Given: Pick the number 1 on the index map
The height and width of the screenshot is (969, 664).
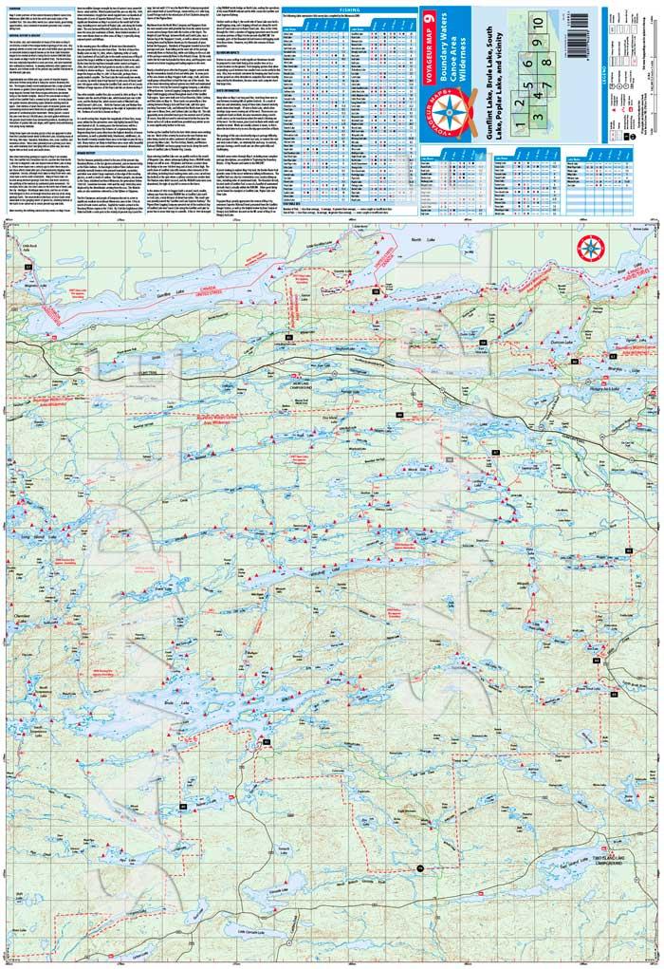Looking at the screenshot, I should click(x=519, y=95).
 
